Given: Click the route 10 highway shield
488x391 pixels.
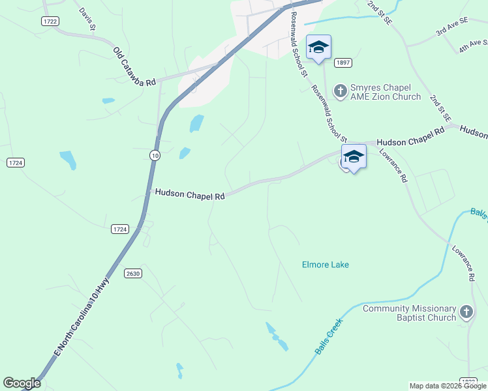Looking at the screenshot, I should [154, 155].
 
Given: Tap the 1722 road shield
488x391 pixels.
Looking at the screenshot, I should [50, 22].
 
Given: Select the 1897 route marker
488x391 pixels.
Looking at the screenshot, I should [343, 63].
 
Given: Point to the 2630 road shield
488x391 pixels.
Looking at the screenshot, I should [134, 273].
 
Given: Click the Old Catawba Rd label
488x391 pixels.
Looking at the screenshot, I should [135, 67].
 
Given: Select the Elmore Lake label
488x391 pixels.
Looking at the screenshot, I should [325, 265].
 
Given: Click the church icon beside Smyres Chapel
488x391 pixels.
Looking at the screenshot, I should [340, 89].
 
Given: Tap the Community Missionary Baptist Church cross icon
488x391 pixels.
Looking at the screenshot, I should [466, 313].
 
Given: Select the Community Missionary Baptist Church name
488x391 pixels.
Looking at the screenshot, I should [409, 313].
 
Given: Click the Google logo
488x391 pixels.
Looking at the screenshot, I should [22, 383].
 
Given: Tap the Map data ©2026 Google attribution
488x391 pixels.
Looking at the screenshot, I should [448, 386].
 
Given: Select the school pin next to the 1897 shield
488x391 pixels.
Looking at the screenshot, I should [318, 48].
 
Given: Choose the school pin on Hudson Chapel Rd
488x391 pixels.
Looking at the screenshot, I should [354, 157].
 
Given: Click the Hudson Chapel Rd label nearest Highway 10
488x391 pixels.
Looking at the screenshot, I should [189, 195].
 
